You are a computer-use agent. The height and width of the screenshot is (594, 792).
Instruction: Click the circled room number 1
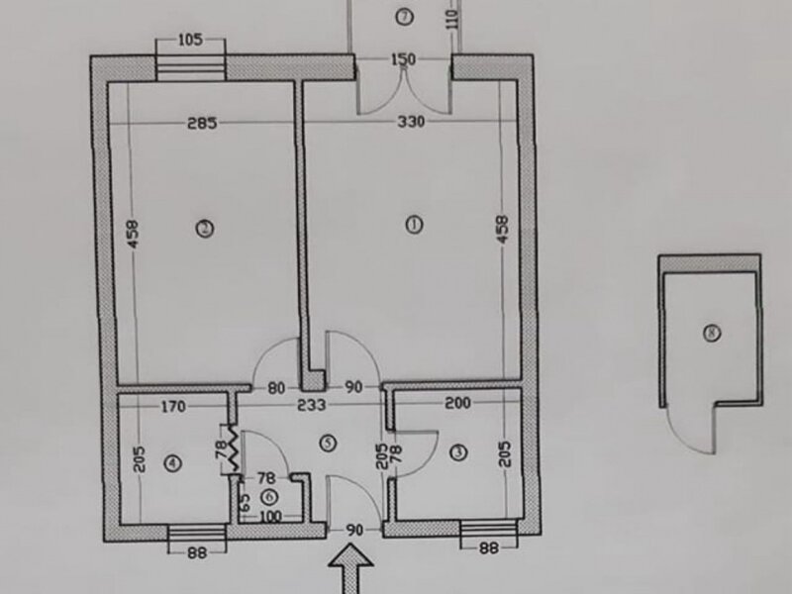point(414,225)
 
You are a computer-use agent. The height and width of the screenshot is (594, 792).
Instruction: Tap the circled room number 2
point(205,229)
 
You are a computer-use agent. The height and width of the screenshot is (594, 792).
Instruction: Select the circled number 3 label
point(458,452)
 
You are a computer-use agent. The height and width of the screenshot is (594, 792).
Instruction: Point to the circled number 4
point(173,462)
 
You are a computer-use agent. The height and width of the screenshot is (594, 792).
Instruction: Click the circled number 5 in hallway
point(329,443)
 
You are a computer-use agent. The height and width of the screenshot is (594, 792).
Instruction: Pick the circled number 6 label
point(269,497)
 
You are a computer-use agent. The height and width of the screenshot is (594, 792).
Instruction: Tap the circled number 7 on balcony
point(404,17)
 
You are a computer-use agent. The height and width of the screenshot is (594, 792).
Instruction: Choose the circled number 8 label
point(712,333)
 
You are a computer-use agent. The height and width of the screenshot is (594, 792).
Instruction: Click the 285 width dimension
point(202,123)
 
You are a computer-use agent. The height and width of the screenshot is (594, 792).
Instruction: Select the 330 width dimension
point(411,122)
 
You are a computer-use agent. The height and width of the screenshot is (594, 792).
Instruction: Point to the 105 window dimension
point(190,40)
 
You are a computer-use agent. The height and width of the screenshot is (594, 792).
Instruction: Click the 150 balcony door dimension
point(404,59)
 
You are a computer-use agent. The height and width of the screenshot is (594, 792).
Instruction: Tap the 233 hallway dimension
point(312,405)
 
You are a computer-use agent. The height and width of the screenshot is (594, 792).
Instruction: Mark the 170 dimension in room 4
point(173,406)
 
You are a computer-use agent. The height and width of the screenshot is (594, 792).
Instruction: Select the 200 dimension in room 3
point(457,403)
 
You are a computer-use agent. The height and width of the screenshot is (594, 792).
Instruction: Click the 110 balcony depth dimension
point(453,19)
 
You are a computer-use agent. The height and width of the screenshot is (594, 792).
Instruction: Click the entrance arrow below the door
point(351,568)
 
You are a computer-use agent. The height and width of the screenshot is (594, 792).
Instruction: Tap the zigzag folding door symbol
point(234,449)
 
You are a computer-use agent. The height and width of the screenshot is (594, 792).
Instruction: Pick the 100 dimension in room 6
point(270,517)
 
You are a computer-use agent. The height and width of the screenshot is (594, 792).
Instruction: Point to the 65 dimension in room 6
point(244,503)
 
